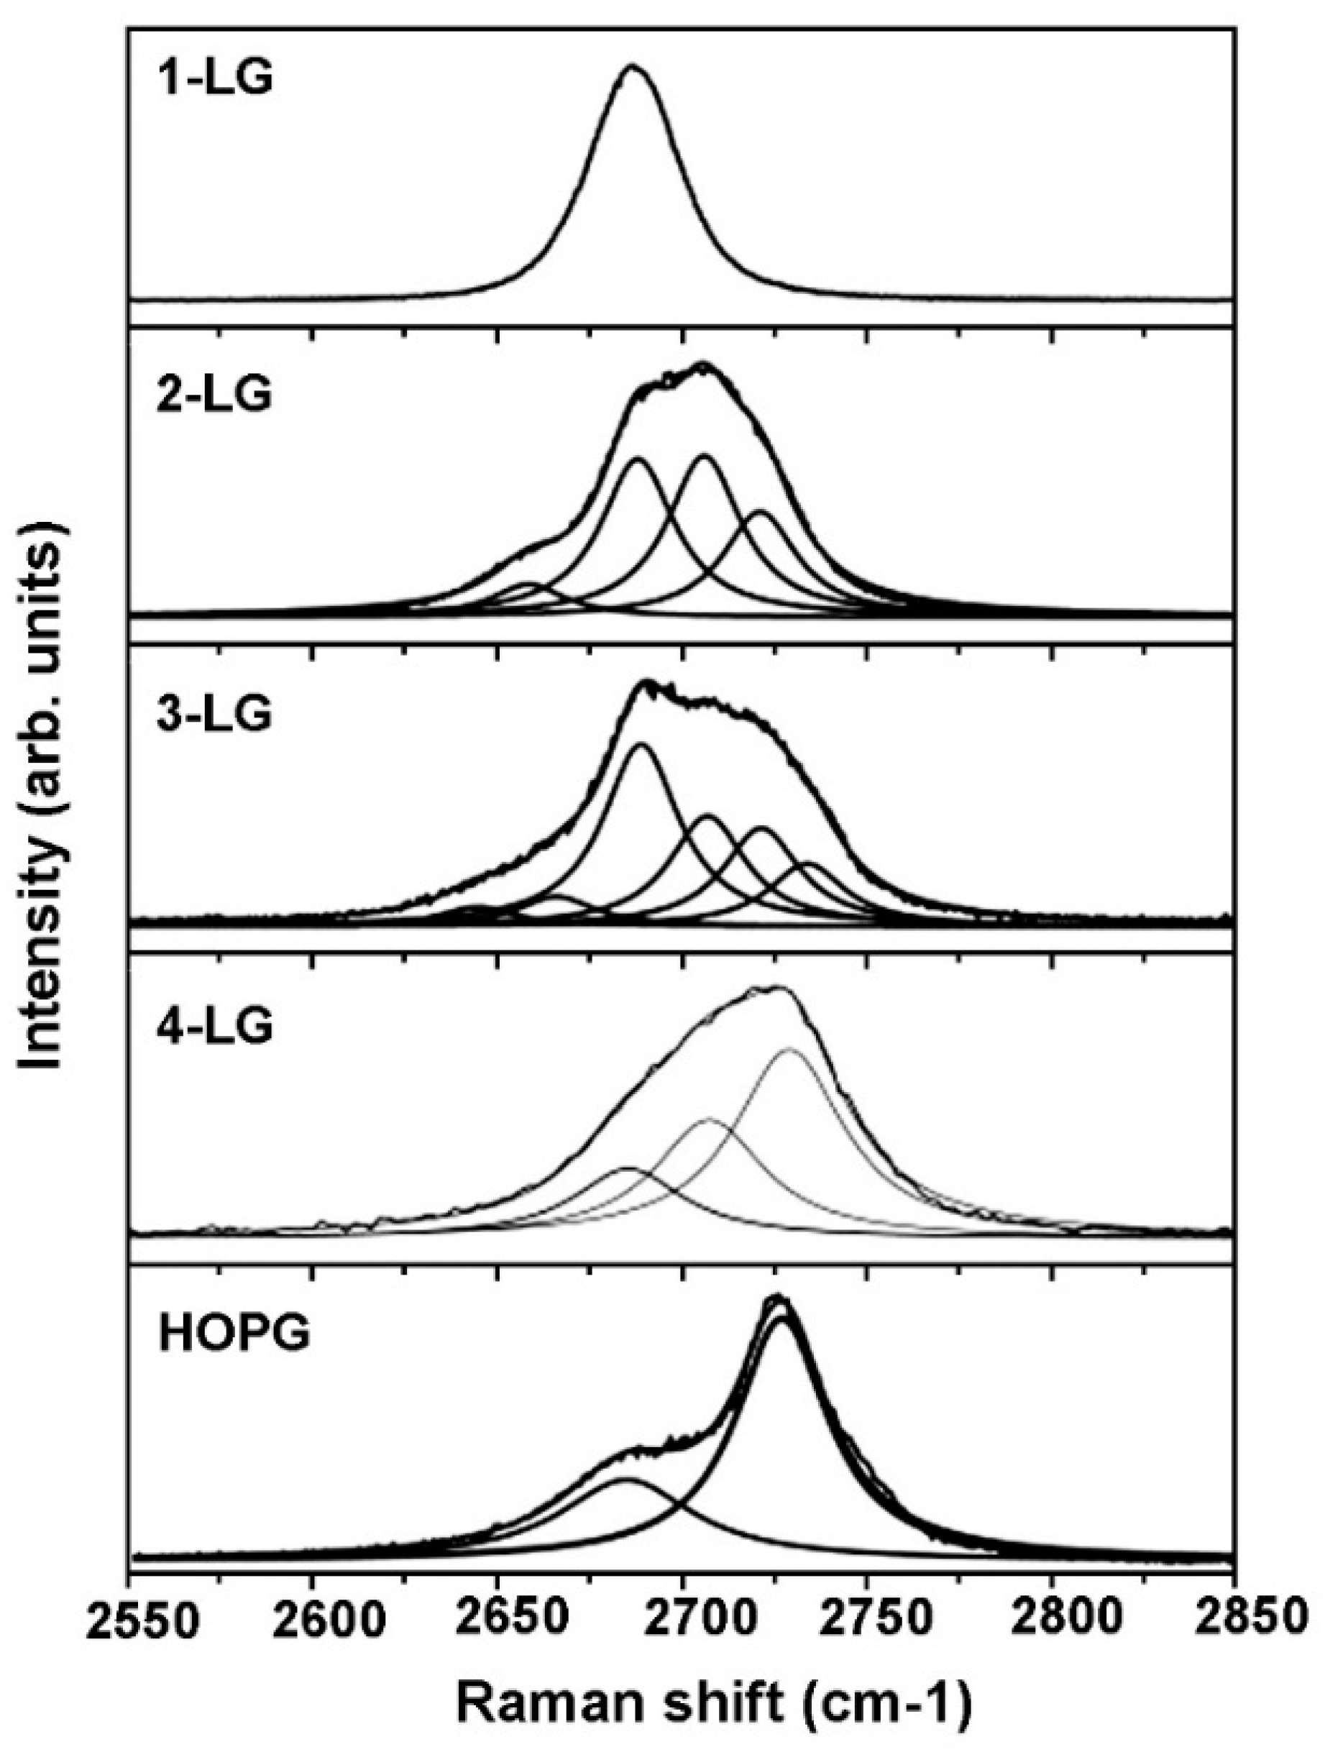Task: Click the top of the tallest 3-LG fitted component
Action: (x=641, y=744)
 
